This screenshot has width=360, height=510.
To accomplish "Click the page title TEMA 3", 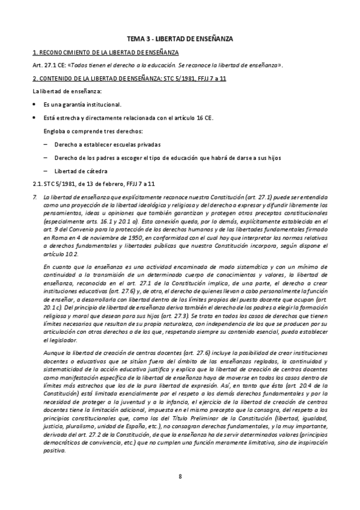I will pyautogui.click(x=180, y=38).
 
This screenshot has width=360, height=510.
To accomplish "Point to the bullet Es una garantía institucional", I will pyautogui.click(x=82, y=105).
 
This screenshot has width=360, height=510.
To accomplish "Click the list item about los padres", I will pyautogui.click(x=159, y=158).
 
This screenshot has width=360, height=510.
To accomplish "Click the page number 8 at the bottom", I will pyautogui.click(x=180, y=476).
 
